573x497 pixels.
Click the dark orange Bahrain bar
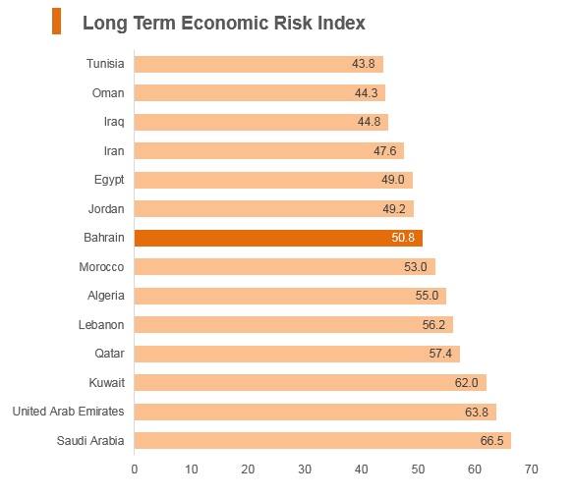pyautogui.click(x=278, y=238)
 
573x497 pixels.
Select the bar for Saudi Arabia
pyautogui.click(x=322, y=440)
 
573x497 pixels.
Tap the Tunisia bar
pyautogui.click(x=258, y=64)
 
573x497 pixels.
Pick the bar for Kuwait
pyautogui.click(x=311, y=383)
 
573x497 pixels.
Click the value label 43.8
pyautogui.click(x=364, y=64)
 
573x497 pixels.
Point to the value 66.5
pyautogui.click(x=491, y=441)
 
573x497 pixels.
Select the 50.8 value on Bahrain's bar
pyautogui.click(x=403, y=238)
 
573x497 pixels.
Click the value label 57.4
pyautogui.click(x=440, y=354)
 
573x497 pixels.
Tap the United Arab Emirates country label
pyautogui.click(x=69, y=412)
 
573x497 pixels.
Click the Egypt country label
pyautogui.click(x=109, y=180)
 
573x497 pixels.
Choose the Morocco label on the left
pyautogui.click(x=101, y=267)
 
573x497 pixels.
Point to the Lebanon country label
pyautogui.click(x=101, y=325)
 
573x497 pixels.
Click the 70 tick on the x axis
pyautogui.click(x=532, y=469)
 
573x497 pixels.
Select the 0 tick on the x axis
pyautogui.click(x=135, y=469)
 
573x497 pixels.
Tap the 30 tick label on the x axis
pyautogui.click(x=305, y=469)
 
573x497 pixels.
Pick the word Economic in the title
pyautogui.click(x=225, y=23)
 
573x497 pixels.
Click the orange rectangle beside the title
pyautogui.click(x=57, y=22)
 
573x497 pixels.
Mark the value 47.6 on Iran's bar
pyautogui.click(x=385, y=151)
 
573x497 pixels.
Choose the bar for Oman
pyautogui.click(x=259, y=93)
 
